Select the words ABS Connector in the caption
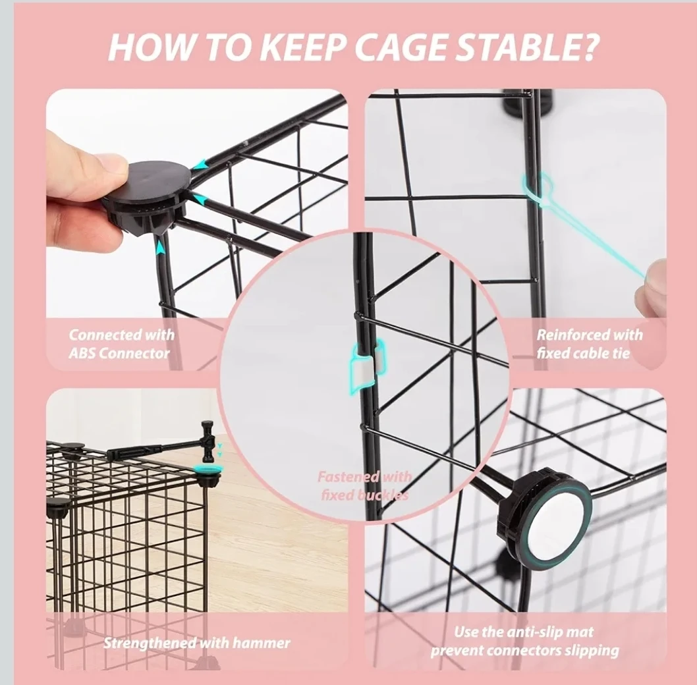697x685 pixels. [x=119, y=354]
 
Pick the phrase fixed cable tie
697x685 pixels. [x=583, y=354]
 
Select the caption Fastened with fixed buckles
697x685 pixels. [x=364, y=486]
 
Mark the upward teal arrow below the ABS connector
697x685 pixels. [x=161, y=247]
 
